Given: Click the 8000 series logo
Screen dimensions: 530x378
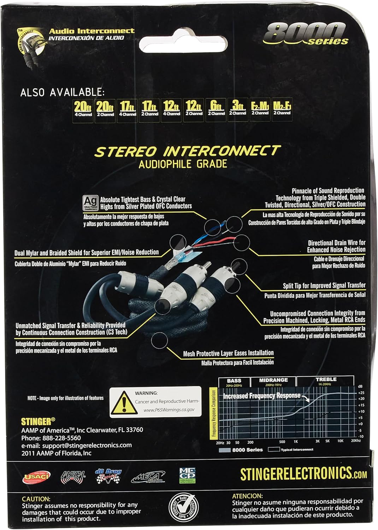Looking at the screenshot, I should pos(306,34).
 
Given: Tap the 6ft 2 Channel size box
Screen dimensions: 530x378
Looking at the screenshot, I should pos(216,108).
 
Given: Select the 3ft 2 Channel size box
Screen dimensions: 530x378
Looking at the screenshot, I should pos(237,108).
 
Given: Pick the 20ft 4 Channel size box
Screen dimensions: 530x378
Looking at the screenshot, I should pos(83,109).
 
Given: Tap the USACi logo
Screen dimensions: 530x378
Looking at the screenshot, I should pos(37,477).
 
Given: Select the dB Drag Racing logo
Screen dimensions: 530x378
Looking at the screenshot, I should pos(108,475).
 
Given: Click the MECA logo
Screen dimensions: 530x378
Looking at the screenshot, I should pos(148,477).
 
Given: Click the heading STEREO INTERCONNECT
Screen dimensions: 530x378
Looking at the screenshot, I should pos(187,151).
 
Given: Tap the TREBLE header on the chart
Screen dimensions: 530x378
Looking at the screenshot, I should pos(326,379).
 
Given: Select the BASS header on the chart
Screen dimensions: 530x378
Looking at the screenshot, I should pos(234,381).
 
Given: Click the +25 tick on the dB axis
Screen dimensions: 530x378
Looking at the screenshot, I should pos(361,393).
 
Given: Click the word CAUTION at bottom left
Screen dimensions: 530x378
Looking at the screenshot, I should pos(36,499).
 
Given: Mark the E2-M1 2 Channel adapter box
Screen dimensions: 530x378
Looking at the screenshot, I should pos(260,108).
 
